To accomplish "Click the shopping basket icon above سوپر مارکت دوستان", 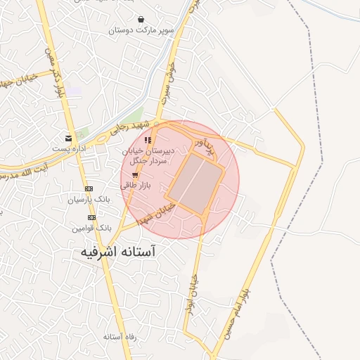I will click(141, 20).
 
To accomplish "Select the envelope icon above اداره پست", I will click(68, 138).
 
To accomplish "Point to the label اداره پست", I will click(67, 149).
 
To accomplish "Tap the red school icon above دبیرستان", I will click(147, 141).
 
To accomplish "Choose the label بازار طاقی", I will click(134, 186).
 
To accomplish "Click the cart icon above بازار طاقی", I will click(135, 175).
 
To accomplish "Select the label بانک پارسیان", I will click(89, 200).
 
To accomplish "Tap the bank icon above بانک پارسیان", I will click(89, 188).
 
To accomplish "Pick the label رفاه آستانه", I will click(119, 337).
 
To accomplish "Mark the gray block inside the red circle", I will click(195, 183).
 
